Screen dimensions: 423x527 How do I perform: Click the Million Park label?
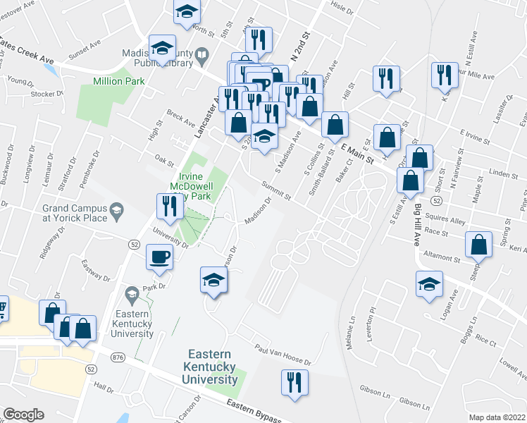click(x=119, y=81)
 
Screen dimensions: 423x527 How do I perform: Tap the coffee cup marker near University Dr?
click(x=159, y=256)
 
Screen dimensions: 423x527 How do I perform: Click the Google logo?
click(x=23, y=415)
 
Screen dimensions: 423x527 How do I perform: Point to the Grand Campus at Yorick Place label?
click(x=75, y=213)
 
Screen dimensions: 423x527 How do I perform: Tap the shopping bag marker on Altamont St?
click(x=479, y=245)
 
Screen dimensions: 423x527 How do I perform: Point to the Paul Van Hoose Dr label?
click(x=283, y=355)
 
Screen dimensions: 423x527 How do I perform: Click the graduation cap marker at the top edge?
click(x=187, y=11)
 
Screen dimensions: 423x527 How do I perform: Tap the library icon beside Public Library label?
click(x=202, y=54)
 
